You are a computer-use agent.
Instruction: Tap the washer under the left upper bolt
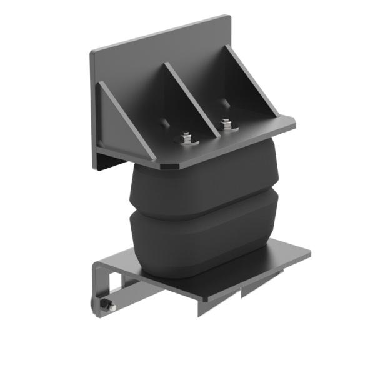[x=186, y=142]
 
